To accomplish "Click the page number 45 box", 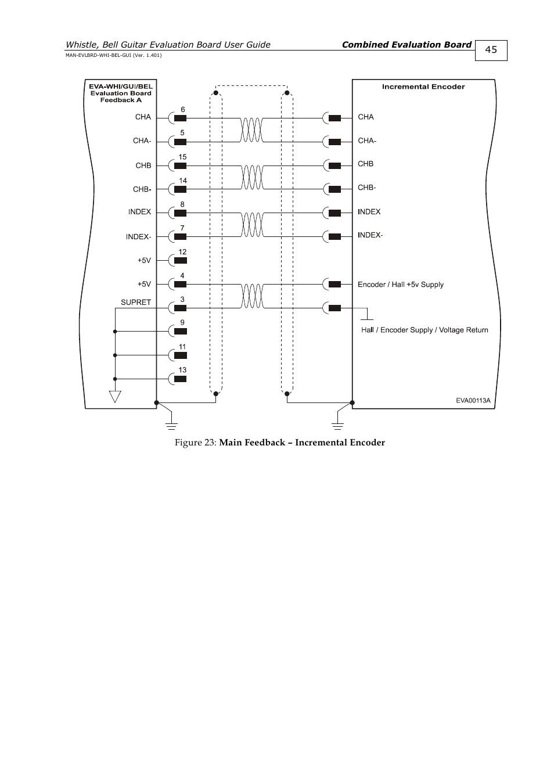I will tap(491, 50).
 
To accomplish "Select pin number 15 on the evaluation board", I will tap(182, 157).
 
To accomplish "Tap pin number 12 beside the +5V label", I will tap(182, 252).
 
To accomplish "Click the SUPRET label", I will tap(136, 302).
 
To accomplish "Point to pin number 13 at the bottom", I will tap(182, 370).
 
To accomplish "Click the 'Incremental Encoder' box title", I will tap(423, 87).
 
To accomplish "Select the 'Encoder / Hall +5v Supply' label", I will tap(400, 285).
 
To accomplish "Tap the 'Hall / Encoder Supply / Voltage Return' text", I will tap(425, 330).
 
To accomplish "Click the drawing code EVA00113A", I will tap(473, 400).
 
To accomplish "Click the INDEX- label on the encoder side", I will tap(370, 235).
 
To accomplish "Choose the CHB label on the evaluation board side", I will tap(143, 166).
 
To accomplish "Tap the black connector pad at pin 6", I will tap(180, 118).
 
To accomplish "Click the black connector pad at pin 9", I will tap(180, 331).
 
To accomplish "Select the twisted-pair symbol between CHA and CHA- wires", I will tap(251, 130).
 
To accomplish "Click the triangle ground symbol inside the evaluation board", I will tap(115, 397).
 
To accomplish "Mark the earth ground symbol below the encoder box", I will tap(338, 425).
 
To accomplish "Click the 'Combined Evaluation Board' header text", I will tap(406, 45).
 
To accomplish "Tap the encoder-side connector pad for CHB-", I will tap(334, 189).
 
